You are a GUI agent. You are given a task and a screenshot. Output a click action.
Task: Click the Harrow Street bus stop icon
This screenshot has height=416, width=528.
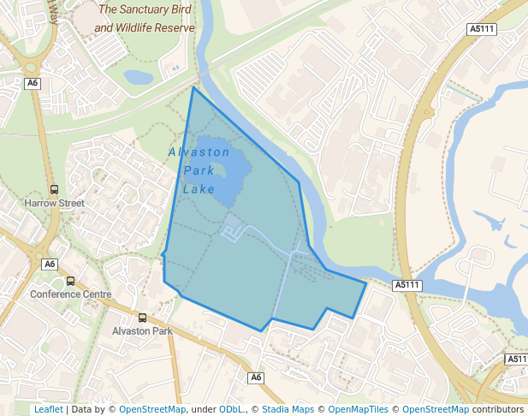coord(55,190)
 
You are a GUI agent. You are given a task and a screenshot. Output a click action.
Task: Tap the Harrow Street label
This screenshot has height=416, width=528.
coord(55,204)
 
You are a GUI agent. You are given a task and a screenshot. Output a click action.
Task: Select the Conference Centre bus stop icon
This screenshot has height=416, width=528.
coord(71,281)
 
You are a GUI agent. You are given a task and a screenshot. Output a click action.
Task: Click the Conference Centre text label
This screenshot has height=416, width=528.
coord(71,294)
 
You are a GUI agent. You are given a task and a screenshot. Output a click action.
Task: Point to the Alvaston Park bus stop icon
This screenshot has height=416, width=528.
coord(142,318)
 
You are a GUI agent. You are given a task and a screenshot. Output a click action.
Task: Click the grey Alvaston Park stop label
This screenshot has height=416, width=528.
coord(142,331)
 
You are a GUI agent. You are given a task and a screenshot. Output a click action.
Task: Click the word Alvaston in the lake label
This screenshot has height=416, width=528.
coord(199,152)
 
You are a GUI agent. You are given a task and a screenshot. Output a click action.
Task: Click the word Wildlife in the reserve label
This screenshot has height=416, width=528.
coord(157,28)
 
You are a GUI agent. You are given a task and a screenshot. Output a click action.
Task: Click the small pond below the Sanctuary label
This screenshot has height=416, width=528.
coord(139,78)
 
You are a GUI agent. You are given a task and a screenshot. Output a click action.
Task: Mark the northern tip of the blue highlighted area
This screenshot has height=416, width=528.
coord(193,87)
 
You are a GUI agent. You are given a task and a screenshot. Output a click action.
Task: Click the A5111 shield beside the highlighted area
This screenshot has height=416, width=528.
coord(407,285)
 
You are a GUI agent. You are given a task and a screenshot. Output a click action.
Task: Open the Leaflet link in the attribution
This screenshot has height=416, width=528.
coord(48,410)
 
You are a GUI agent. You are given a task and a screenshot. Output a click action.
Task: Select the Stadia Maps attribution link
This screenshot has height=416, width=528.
coord(287,410)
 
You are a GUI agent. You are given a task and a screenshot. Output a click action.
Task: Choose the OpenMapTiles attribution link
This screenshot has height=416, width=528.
coord(359,410)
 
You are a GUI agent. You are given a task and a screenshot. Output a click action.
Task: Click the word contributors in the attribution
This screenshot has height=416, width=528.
coord(498,410)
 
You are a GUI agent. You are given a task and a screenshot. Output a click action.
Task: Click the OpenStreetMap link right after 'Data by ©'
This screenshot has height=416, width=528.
coord(151,410)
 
